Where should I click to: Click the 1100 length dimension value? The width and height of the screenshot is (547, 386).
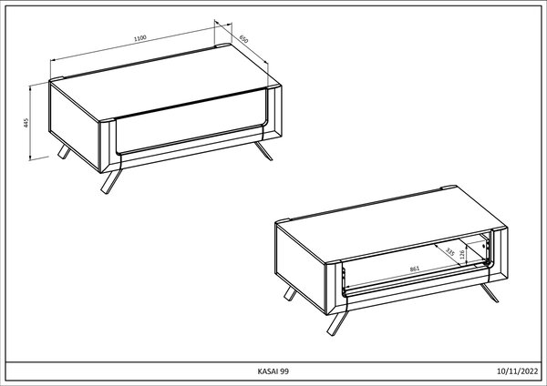pos(140,38)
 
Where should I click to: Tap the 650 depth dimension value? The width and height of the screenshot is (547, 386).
pos(243,39)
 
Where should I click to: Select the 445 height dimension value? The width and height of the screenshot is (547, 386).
pos(26,123)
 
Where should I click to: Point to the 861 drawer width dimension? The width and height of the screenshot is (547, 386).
pos(415,269)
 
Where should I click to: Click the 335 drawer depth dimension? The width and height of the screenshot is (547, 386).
pos(450,252)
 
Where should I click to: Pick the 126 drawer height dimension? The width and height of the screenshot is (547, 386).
pos(462,255)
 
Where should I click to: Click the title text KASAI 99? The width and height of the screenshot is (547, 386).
pos(273,371)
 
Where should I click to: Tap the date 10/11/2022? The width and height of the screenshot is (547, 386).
pos(517,371)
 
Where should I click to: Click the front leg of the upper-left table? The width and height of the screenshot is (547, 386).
pos(111,180)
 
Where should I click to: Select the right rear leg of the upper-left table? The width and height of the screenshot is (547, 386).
pos(263,151)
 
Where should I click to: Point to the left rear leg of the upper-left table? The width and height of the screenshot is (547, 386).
pos(64,152)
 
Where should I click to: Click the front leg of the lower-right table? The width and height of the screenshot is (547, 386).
pos(337,323)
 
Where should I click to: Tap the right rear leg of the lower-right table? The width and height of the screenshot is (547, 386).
pos(490,293)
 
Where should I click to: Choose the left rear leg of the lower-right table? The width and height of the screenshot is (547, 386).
pos(290,294)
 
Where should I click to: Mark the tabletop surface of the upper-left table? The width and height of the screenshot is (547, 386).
pos(165,83)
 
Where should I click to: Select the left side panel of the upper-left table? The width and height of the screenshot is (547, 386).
pos(75,127)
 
